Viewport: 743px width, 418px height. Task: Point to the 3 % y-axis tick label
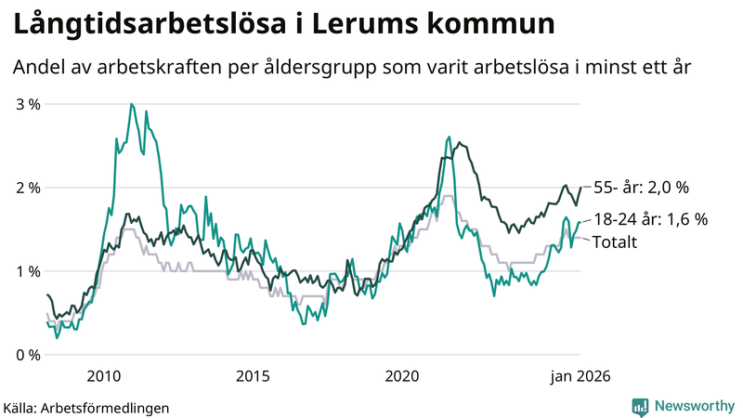click(x=29, y=104)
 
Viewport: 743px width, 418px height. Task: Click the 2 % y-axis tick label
click(x=29, y=188)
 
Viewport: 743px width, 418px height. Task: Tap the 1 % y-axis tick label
click(x=29, y=271)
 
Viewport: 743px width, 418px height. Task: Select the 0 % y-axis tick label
click(x=29, y=355)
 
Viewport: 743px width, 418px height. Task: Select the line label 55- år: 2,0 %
click(x=640, y=188)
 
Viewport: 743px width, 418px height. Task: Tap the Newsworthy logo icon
click(x=640, y=406)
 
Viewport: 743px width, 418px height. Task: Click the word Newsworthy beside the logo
click(x=696, y=406)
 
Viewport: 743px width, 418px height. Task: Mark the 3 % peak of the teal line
click(x=131, y=104)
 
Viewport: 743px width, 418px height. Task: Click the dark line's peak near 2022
click(x=459, y=142)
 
